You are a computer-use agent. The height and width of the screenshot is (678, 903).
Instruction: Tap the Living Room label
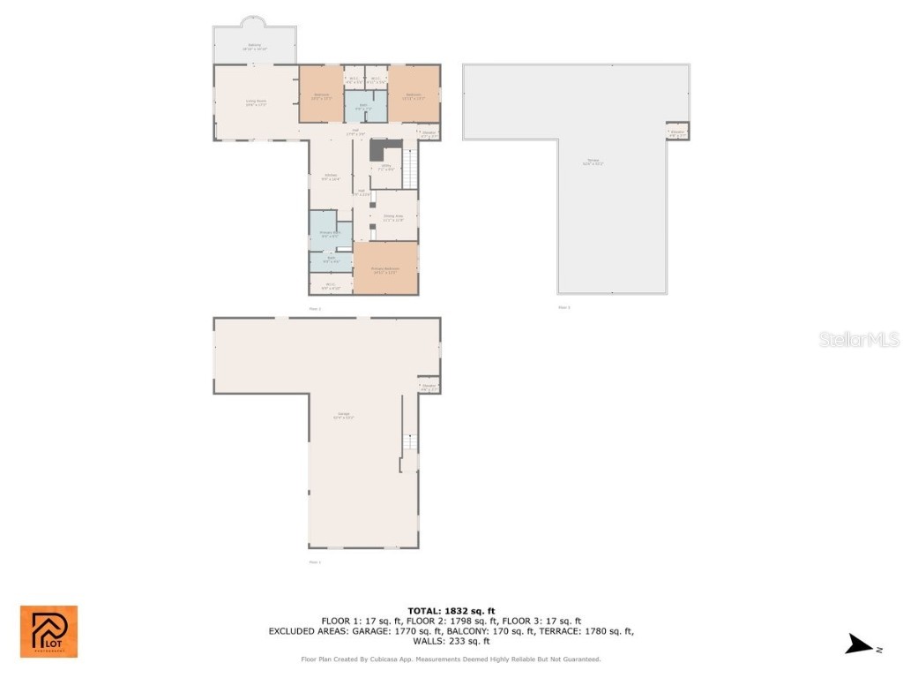[x=256, y=102]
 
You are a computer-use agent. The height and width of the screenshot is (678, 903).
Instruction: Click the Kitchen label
[x=331, y=177]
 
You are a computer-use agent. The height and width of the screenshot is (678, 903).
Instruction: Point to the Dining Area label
[x=393, y=217]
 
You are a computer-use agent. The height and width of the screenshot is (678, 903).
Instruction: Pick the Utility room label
[x=385, y=167]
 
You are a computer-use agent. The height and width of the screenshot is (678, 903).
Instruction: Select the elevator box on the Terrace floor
[x=677, y=132]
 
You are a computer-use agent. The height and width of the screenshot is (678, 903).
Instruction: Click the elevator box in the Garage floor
[x=429, y=387]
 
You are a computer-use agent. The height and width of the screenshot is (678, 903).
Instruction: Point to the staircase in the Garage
[x=408, y=443]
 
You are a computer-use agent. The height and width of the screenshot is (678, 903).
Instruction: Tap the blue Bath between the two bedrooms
[x=364, y=106]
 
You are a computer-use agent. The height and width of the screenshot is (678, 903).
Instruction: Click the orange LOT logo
[x=49, y=631]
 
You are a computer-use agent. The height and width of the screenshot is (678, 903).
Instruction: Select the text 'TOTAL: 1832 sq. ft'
[x=451, y=611]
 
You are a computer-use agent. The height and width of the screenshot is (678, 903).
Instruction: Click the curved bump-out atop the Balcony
[x=254, y=21]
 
